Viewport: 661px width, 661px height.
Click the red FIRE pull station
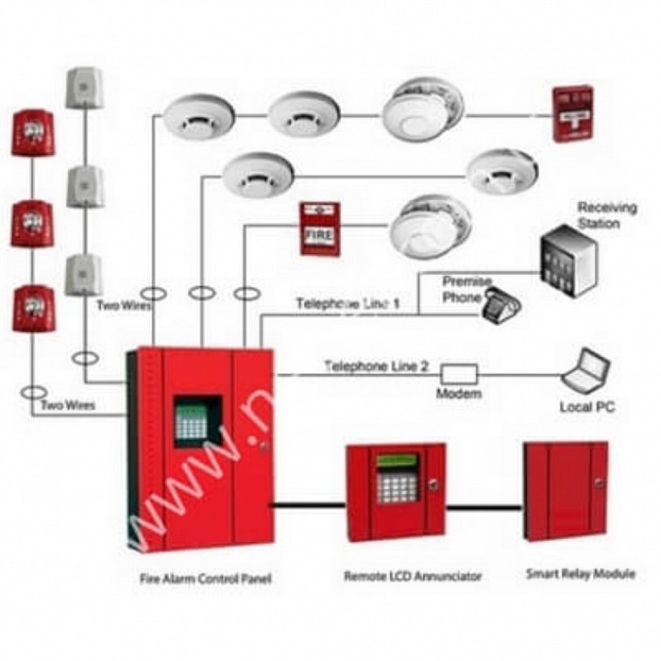click(319, 228)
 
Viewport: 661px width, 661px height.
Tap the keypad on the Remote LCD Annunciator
click(391, 486)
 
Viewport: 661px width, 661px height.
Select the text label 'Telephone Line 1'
click(347, 304)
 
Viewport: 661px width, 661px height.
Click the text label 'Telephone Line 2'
click(376, 365)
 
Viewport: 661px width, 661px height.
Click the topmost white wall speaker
click(83, 88)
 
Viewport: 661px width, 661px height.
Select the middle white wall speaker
click(84, 186)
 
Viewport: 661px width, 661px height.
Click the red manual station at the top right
click(573, 114)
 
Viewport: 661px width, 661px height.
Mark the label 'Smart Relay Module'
click(580, 574)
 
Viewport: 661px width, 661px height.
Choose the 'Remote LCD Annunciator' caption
click(399, 576)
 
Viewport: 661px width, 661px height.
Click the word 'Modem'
click(459, 394)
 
